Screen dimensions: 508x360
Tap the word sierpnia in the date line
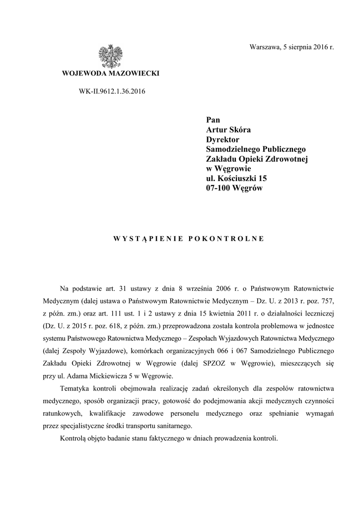tap(297, 47)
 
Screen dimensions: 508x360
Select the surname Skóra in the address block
tap(238, 130)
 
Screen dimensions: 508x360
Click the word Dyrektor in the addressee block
tap(222, 140)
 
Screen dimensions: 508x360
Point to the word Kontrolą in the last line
tap(73, 439)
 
